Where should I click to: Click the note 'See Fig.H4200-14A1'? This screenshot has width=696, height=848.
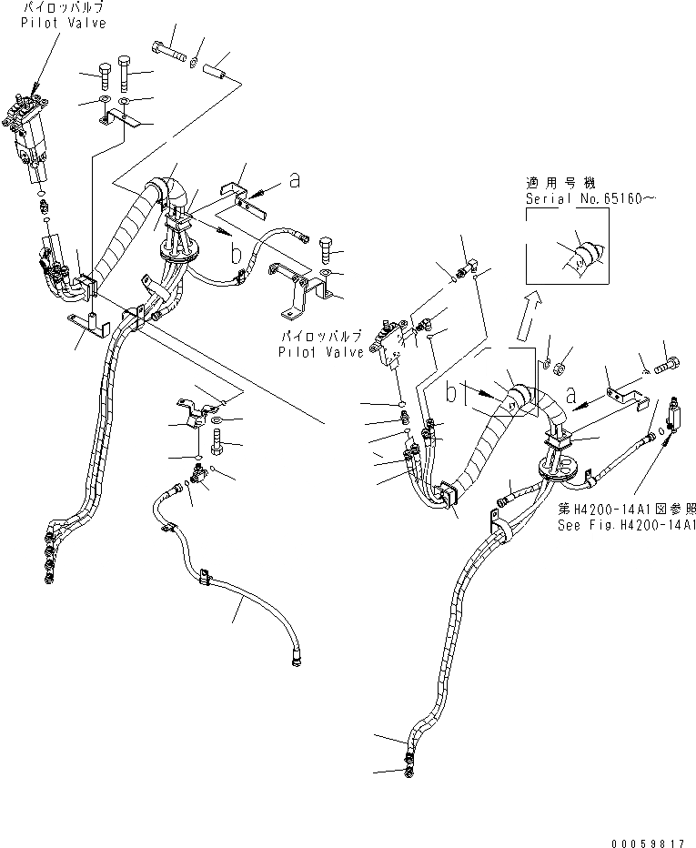pos(627,526)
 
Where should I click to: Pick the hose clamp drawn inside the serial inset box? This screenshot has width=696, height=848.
pos(581,254)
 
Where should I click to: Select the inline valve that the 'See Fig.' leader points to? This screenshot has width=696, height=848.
pos(674,414)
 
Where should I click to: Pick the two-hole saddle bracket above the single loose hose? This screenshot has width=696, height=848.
pos(197,410)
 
